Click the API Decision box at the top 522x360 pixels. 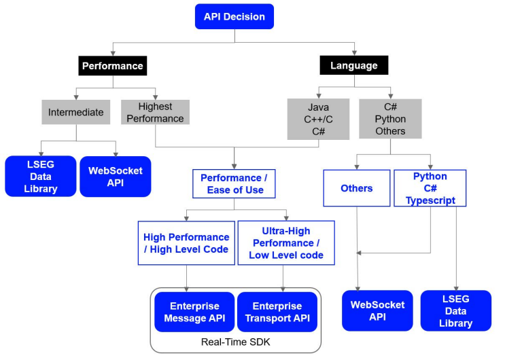tap(234, 16)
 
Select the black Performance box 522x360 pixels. tap(113, 65)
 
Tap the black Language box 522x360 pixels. tap(354, 65)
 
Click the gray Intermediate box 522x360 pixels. tap(76, 112)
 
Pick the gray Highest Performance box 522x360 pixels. tap(155, 113)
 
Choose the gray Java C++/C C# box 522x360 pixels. tap(318, 119)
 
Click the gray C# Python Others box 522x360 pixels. tap(390, 119)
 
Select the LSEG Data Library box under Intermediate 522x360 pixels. tap(41, 177)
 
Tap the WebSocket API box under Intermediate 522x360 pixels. tap(115, 177)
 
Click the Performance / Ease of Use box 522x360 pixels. tap(234, 183)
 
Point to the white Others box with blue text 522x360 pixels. tap(357, 188)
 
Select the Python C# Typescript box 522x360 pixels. tap(430, 188)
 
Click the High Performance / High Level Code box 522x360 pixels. tap(186, 243)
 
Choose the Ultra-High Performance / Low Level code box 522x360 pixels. tap(286, 243)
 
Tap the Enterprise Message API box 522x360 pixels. tap(194, 312)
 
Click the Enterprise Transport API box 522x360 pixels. tap(277, 312)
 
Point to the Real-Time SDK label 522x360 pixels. tap(236, 342)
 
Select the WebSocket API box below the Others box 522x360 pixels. tap(377, 311)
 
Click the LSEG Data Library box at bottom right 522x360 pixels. tap(456, 311)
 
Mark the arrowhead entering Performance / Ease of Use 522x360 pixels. tap(234, 166)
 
